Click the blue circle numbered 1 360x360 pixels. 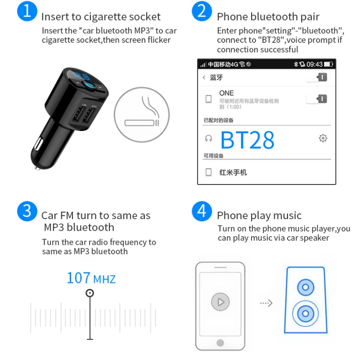(27, 11)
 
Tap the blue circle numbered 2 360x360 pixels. (201, 11)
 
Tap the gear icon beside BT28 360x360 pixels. (323, 138)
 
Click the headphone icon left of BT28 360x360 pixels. (208, 138)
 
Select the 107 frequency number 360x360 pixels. (79, 278)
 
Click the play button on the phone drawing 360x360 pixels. (220, 302)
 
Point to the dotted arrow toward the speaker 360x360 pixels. (266, 303)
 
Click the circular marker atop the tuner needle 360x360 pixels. (90, 293)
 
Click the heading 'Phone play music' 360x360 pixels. (259, 216)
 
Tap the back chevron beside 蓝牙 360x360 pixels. (204, 77)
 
